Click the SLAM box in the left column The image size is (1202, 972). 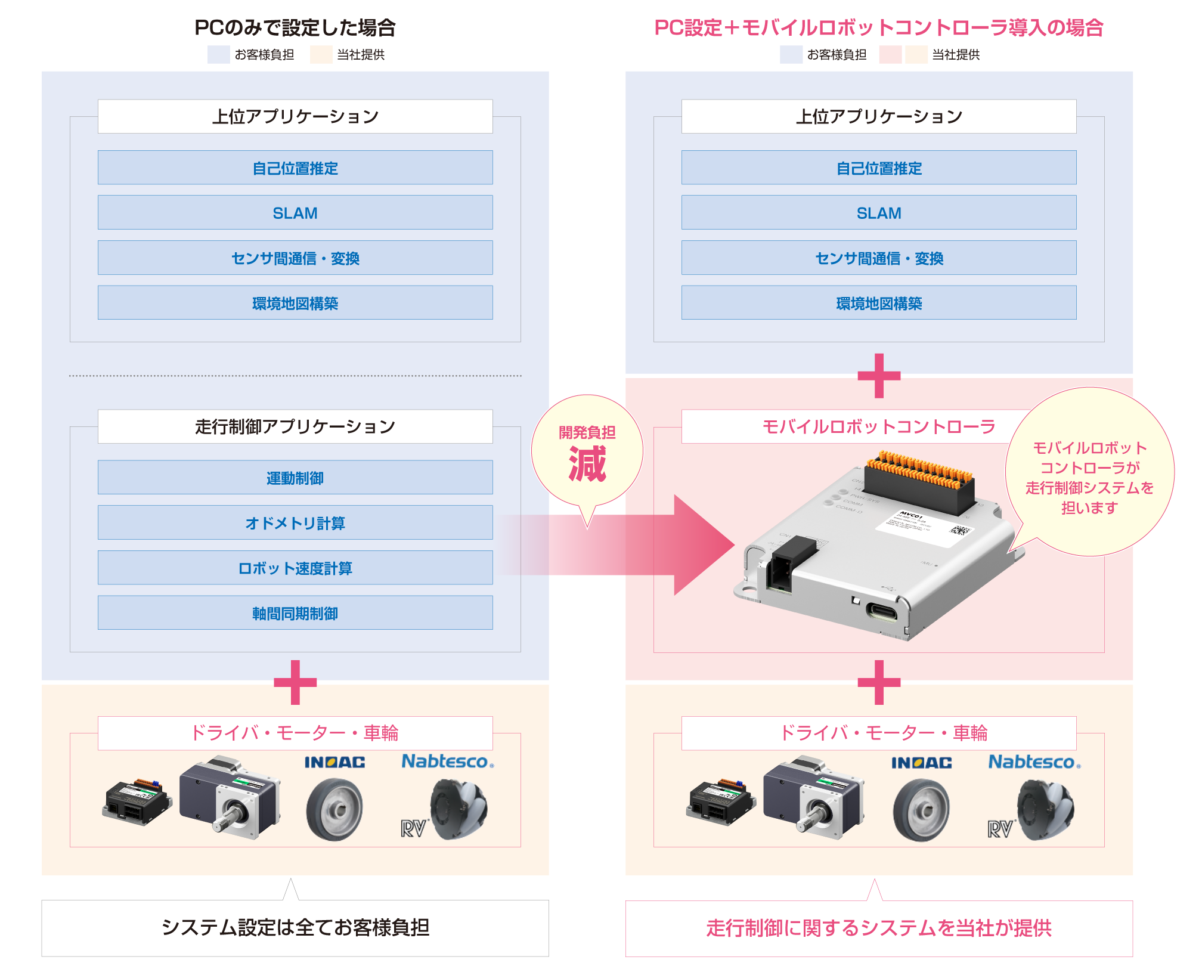(295, 212)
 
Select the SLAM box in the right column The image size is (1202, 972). (879, 212)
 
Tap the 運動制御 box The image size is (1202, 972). (295, 477)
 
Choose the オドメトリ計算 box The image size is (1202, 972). (295, 522)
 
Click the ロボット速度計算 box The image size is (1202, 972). (295, 568)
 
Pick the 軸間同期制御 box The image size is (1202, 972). (295, 612)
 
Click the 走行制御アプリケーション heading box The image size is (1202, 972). (295, 426)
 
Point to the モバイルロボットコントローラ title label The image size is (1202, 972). (879, 426)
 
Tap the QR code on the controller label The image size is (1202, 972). (959, 530)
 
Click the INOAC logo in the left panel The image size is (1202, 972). (335, 762)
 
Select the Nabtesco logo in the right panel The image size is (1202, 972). (1034, 761)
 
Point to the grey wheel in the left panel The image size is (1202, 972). (334, 809)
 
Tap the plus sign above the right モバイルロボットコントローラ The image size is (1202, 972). (879, 376)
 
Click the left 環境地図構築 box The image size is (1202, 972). (295, 302)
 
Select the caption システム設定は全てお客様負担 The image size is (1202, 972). (295, 927)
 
